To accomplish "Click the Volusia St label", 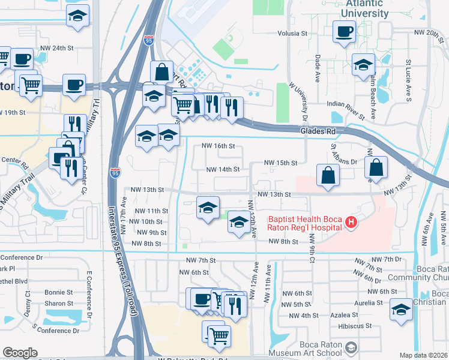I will [291, 34].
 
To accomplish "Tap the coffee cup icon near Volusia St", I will [344, 31].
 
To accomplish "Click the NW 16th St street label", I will [217, 146].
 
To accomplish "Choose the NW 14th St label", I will [223, 170].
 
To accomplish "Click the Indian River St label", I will [346, 104].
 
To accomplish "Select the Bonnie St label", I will [58, 292].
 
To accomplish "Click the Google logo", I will [20, 353].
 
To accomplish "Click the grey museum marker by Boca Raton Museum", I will [350, 347].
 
